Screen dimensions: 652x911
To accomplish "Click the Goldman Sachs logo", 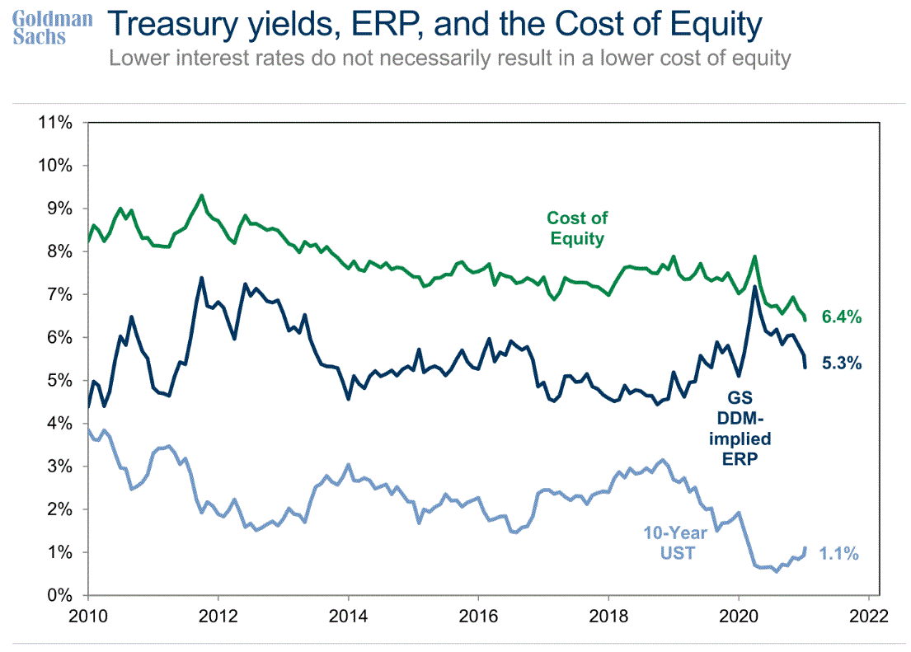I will [x=51, y=27].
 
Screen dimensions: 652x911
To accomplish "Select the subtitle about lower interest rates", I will [x=450, y=59].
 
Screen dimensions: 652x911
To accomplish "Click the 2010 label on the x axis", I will [x=87, y=617].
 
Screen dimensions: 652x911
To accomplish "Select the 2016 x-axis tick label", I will [x=478, y=617].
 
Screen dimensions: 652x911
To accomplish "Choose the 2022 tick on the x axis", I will [x=869, y=617].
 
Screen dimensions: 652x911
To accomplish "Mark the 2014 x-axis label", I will [x=348, y=617].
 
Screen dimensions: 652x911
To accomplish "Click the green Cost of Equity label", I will [x=577, y=228].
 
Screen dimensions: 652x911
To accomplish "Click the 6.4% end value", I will [x=841, y=317].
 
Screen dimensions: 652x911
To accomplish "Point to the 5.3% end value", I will [x=841, y=362].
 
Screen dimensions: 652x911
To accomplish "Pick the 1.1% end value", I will [x=839, y=554].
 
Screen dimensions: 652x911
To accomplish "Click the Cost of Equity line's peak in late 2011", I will [x=202, y=195].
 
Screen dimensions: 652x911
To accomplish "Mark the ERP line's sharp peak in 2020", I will [x=754, y=287].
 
